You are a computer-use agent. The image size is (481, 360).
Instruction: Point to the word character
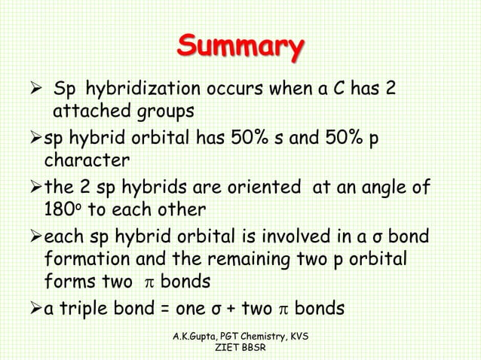click(87, 160)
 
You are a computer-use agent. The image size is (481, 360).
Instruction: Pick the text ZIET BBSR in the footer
click(239, 349)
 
